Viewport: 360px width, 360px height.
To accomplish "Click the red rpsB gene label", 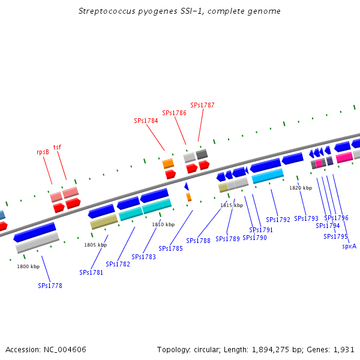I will click(43, 152).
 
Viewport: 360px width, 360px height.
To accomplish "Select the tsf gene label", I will click(57, 147).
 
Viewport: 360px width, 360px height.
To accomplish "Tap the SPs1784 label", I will click(146, 121).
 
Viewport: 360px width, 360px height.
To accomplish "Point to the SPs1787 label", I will click(202, 105).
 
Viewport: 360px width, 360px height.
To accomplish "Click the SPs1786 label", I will click(174, 113).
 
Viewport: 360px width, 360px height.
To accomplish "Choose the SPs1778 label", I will click(50, 286).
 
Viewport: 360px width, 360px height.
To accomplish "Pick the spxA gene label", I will click(349, 246).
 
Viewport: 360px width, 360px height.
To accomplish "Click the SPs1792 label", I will click(278, 220).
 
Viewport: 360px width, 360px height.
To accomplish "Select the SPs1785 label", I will click(171, 248).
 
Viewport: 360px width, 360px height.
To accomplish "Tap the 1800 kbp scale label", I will click(28, 266).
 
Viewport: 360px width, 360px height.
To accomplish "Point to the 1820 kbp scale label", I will click(301, 188).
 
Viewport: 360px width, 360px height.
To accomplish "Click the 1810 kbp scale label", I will click(163, 224).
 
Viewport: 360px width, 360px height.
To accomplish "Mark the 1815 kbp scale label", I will click(232, 205).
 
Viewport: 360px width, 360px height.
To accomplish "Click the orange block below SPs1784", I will click(168, 163).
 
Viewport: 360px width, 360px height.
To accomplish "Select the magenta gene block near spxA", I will click(344, 157).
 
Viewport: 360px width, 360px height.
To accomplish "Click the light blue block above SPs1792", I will click(268, 176).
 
